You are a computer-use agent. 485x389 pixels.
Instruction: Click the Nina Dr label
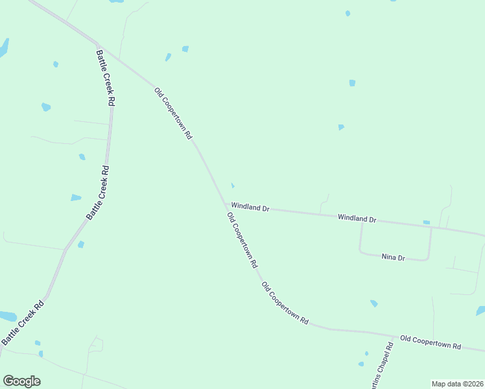tap(394, 257)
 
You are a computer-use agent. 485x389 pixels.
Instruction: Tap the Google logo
tap(21, 381)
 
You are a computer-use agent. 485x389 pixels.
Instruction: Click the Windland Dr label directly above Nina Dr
tap(357, 219)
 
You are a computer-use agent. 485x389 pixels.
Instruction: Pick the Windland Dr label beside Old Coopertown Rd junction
tap(250, 207)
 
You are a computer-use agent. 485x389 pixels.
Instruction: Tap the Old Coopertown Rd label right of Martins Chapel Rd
tap(430, 342)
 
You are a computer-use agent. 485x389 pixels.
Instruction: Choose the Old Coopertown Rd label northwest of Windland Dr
tap(174, 114)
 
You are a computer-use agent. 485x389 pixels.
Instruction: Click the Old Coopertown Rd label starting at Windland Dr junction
tap(242, 240)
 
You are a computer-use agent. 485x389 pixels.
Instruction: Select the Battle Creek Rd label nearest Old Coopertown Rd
tap(106, 78)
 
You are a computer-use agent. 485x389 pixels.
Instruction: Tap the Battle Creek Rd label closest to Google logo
tap(23, 322)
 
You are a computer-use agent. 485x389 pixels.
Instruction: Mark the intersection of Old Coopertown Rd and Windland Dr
tap(224, 204)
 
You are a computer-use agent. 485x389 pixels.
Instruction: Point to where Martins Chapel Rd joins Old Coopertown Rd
tap(394, 338)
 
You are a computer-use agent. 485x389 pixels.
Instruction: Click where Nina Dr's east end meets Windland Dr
tap(431, 229)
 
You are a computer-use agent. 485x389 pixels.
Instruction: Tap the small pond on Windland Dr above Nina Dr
tap(426, 222)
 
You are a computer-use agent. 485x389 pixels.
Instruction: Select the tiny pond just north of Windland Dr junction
tap(233, 186)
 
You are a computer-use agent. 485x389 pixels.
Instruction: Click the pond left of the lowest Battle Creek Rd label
tap(7, 316)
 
